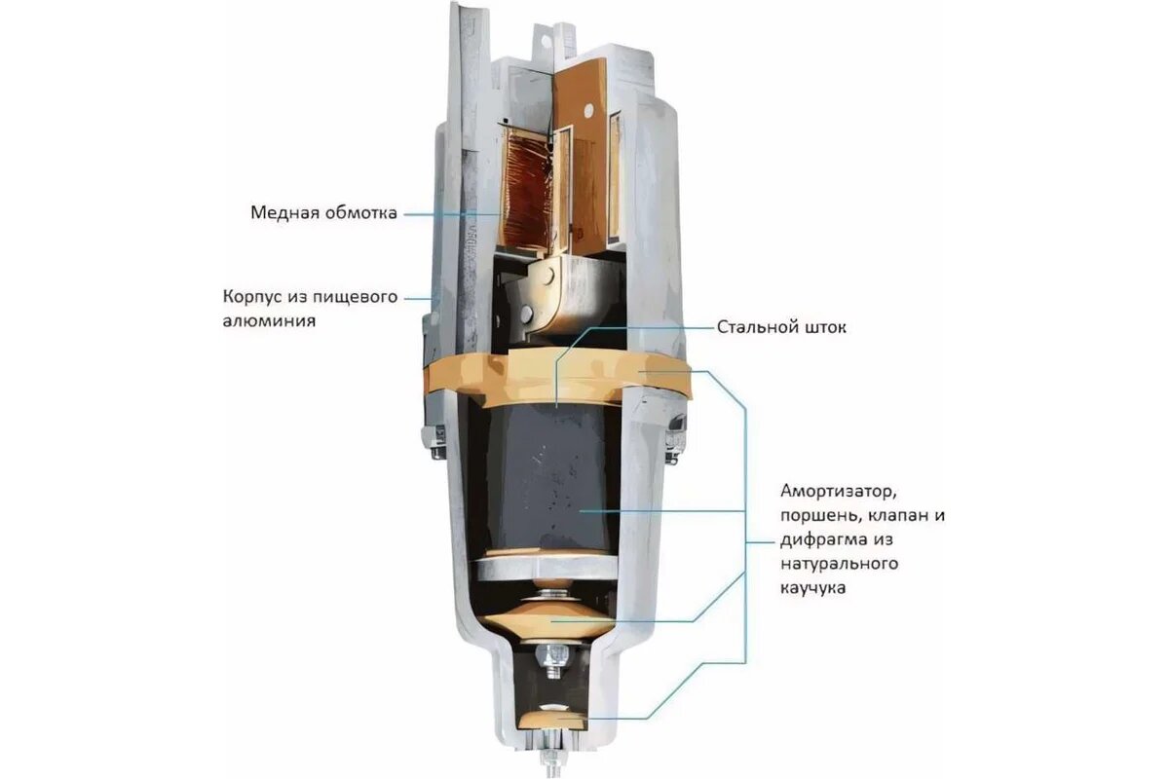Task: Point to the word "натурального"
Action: (x=839, y=564)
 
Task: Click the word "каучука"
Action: (x=813, y=588)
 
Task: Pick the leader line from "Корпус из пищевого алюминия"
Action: (x=420, y=297)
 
